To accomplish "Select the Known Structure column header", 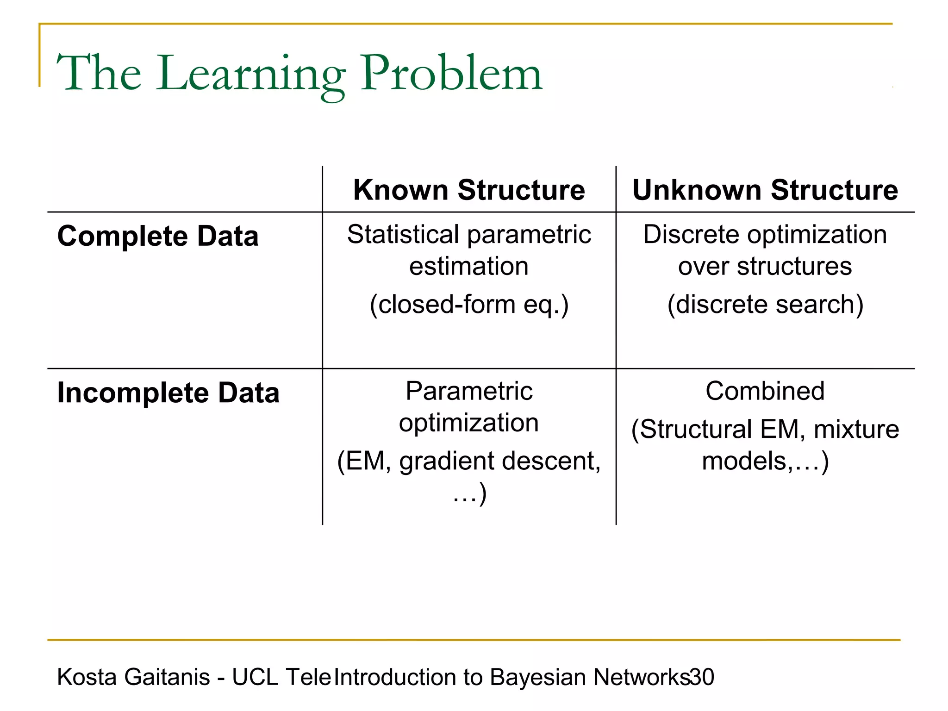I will pos(469,190).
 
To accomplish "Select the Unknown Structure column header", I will pos(765,190).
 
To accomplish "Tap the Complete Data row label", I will pos(158,236).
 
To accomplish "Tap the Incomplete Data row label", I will pos(168,393).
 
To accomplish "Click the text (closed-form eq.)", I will pos(469,305).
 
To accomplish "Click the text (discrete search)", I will pos(765,305).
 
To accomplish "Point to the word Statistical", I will pos(403,234).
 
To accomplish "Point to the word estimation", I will pos(469,266).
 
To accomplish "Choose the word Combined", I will pos(765,391).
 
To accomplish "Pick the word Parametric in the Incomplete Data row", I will pos(469,391).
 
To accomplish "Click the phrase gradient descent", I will pos(500,461).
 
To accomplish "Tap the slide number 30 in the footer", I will pos(702,677).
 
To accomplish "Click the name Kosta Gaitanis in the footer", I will pos(133,677).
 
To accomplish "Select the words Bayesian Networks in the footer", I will pos(590,677).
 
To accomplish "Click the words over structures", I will pos(765,266).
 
